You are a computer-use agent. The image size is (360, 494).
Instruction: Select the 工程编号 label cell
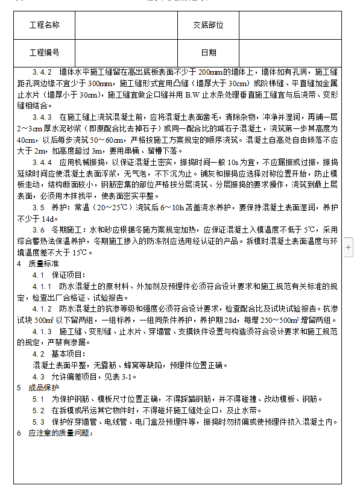44,53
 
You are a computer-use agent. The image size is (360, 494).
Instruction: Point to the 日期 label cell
208,53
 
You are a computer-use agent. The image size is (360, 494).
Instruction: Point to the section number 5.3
38,421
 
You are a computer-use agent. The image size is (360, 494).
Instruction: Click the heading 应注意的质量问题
58,433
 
